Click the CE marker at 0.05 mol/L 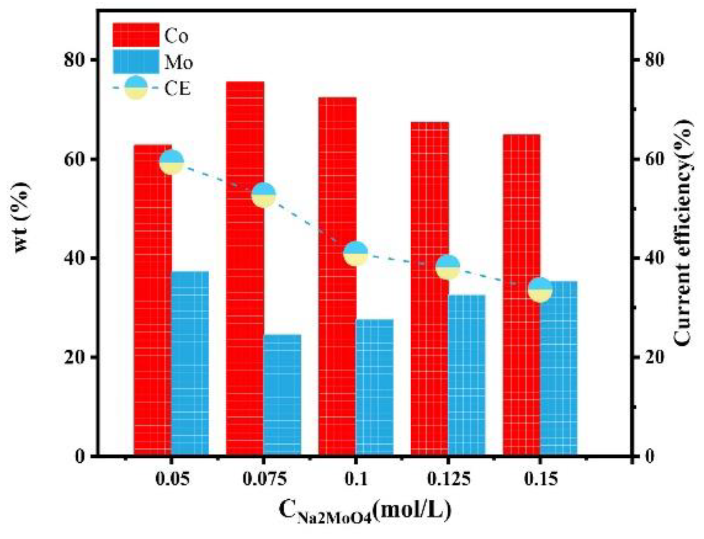[172, 162]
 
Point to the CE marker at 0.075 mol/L [264, 195]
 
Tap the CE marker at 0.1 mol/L [356, 253]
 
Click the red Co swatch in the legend [136, 35]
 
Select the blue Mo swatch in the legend [136, 62]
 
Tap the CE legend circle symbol [136, 88]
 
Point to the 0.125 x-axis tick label [448, 479]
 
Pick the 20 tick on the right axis [648, 357]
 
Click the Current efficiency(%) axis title [683, 232]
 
